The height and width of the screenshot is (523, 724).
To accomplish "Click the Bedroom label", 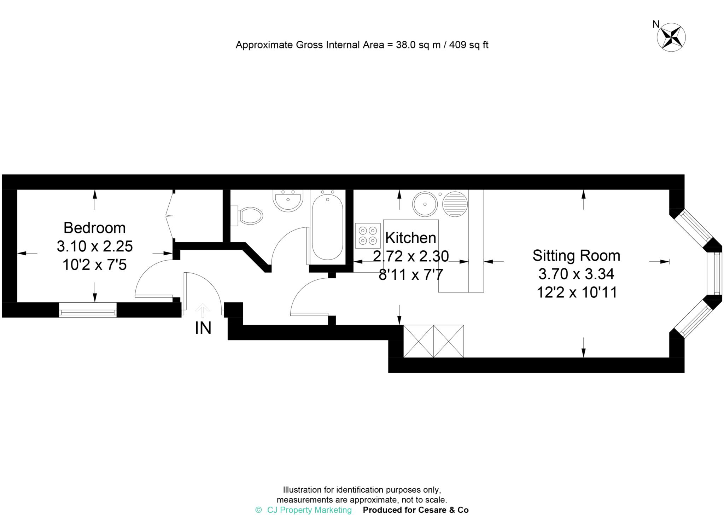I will click(x=94, y=228).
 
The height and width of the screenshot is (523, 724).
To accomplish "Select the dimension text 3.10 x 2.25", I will click(x=94, y=246).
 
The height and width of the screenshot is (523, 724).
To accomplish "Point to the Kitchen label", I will click(x=410, y=238).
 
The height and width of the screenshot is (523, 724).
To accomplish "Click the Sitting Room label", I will click(x=576, y=256).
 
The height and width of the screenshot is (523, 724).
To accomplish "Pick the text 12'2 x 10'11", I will click(x=577, y=292).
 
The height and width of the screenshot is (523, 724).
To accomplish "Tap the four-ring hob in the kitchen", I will click(x=368, y=236).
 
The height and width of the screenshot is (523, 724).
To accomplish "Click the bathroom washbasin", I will click(x=288, y=201).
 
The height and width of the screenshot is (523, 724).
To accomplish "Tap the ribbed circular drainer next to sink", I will click(x=455, y=204).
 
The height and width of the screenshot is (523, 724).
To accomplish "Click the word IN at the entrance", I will click(x=203, y=328).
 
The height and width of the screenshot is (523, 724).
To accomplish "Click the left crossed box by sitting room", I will click(x=418, y=341).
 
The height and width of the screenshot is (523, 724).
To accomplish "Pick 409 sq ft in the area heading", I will click(x=469, y=45).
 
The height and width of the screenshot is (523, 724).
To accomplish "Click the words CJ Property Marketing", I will click(x=309, y=510).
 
